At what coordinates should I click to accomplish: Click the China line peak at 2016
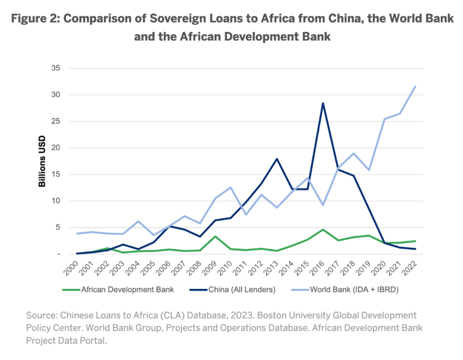click(x=323, y=103)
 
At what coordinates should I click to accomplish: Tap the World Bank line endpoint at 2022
click(x=415, y=86)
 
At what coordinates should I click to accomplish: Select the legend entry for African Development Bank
click(x=127, y=290)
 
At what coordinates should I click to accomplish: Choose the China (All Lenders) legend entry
click(x=241, y=290)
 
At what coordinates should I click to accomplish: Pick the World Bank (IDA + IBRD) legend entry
click(x=354, y=290)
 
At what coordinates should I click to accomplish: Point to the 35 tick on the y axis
click(x=55, y=68)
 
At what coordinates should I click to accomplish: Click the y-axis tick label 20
click(x=55, y=148)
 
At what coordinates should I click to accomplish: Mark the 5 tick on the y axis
click(x=58, y=228)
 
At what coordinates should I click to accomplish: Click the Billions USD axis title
click(x=42, y=161)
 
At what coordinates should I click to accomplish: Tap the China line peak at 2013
click(x=277, y=159)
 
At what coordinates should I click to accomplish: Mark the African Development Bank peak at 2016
click(x=323, y=229)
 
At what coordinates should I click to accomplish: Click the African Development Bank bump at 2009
click(x=215, y=236)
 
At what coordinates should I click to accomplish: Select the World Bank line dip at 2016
click(x=323, y=205)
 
